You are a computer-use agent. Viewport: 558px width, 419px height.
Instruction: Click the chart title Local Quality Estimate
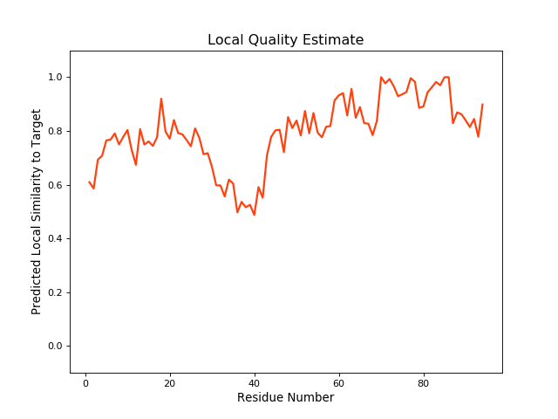click(x=285, y=40)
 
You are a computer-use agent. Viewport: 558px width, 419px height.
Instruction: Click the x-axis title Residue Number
click(x=285, y=398)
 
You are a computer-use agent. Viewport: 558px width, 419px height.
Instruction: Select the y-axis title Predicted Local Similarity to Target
click(x=37, y=211)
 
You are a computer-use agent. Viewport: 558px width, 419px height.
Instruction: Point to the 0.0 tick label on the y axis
click(x=54, y=347)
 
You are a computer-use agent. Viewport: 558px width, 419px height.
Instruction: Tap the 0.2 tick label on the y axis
click(x=54, y=292)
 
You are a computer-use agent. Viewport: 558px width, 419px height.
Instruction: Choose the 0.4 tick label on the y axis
click(x=54, y=239)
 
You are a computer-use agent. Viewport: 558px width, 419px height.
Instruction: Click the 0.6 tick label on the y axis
click(x=54, y=185)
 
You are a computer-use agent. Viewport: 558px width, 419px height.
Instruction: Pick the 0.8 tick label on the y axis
click(x=54, y=131)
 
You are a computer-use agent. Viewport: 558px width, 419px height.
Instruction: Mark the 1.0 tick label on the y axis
click(x=54, y=78)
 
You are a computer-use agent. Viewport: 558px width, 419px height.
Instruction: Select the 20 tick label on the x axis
click(x=170, y=382)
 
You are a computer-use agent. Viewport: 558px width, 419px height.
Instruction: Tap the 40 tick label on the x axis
click(x=255, y=382)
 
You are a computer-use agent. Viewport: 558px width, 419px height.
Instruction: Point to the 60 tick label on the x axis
click(x=339, y=382)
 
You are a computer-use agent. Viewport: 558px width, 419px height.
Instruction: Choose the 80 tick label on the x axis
click(x=423, y=382)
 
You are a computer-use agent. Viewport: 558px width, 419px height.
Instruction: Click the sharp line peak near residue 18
click(x=161, y=99)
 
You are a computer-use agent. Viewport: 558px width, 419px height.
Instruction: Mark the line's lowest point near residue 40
click(x=255, y=215)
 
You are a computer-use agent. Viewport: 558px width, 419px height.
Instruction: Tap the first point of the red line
click(x=90, y=182)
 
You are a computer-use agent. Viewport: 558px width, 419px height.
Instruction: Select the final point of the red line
click(x=482, y=105)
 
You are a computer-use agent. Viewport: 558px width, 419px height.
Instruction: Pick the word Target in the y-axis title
click(x=37, y=127)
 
